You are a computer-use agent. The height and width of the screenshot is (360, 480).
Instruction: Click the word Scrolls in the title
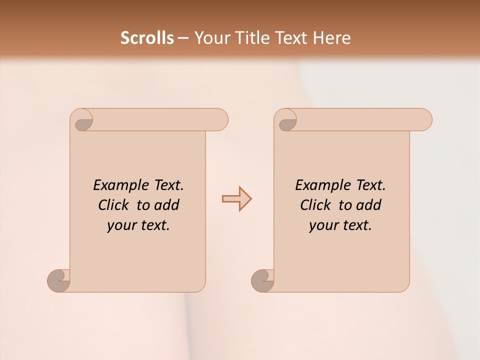click(147, 38)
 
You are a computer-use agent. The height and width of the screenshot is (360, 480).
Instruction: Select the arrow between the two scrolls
click(236, 199)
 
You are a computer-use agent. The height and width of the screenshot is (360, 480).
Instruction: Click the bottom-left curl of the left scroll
click(59, 280)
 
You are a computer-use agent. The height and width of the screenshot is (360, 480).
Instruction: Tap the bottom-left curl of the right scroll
click(263, 280)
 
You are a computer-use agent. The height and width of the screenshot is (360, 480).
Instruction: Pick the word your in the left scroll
click(121, 225)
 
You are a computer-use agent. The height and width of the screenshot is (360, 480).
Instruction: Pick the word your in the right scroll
click(323, 225)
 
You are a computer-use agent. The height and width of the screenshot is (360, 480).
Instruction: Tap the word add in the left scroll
click(166, 205)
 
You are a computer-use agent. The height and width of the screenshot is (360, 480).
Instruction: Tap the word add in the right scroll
click(368, 205)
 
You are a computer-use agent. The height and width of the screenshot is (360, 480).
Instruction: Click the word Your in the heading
click(210, 38)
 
